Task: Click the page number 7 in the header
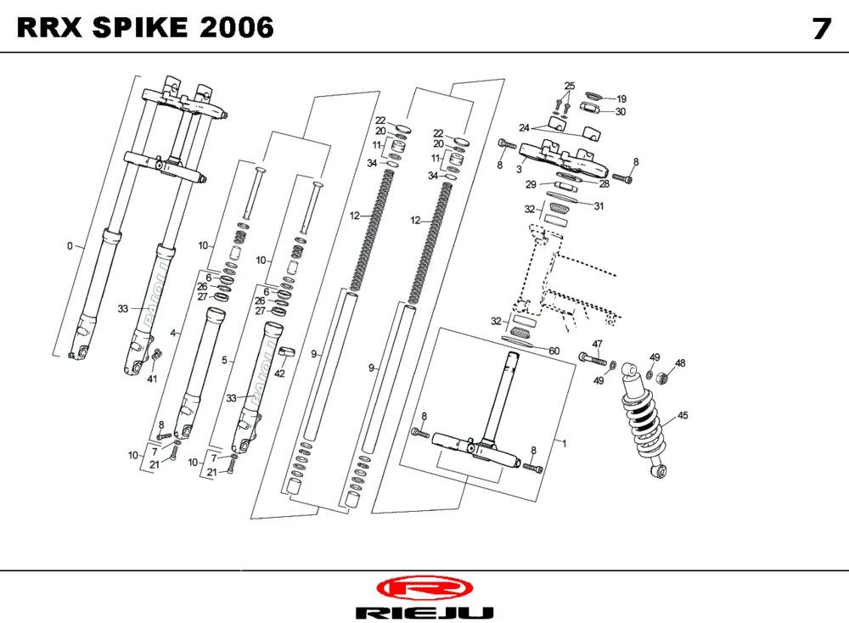click(x=820, y=28)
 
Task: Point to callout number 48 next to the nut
click(x=680, y=363)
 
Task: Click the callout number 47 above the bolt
click(x=597, y=344)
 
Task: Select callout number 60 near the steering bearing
click(x=554, y=351)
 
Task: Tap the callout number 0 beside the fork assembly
click(x=70, y=246)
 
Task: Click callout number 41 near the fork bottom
click(x=153, y=379)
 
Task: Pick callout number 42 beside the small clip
click(x=279, y=373)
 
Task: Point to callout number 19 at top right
click(x=621, y=98)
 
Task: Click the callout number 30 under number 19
click(x=621, y=111)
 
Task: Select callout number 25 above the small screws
click(x=569, y=86)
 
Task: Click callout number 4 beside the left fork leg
click(x=173, y=334)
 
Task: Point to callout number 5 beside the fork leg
click(x=224, y=361)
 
